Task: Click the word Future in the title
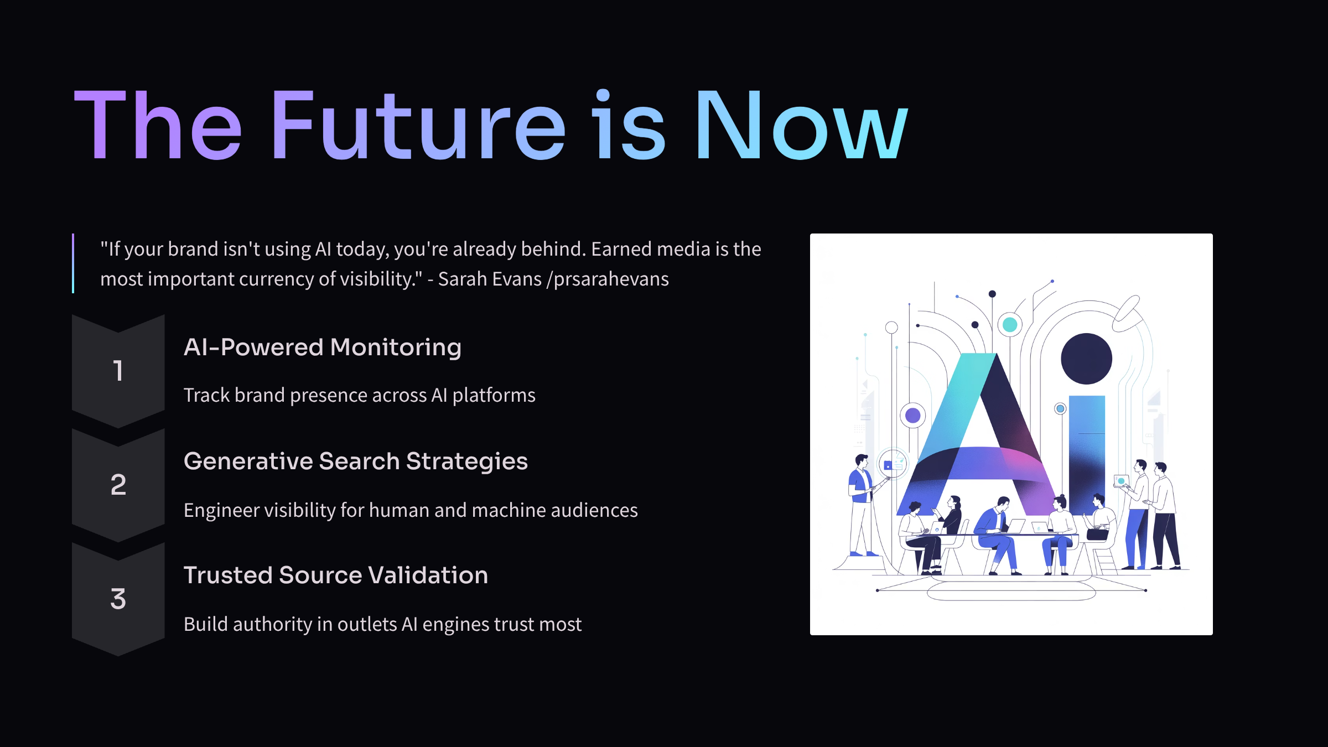point(418,124)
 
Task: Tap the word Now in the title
point(801,124)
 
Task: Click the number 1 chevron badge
point(118,371)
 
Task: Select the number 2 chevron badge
point(118,485)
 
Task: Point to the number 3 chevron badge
point(118,599)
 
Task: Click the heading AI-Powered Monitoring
point(323,347)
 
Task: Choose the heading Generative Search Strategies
point(356,461)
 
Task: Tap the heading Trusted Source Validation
point(336,575)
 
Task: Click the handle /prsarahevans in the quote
point(608,279)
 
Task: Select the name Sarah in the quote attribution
point(462,279)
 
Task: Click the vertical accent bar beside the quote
point(73,263)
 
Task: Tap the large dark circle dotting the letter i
point(1086,359)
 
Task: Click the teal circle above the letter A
point(1010,325)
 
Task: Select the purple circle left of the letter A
point(913,415)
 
